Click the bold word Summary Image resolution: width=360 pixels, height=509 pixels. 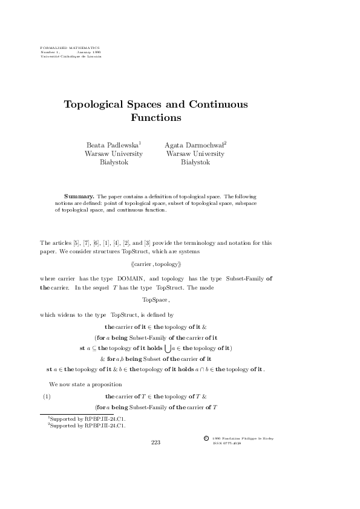[79, 197]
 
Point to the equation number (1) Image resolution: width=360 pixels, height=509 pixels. [46, 397]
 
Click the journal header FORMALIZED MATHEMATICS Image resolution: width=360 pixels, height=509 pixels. [70, 47]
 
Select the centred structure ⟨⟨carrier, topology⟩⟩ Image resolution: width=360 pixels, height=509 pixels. [155, 264]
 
